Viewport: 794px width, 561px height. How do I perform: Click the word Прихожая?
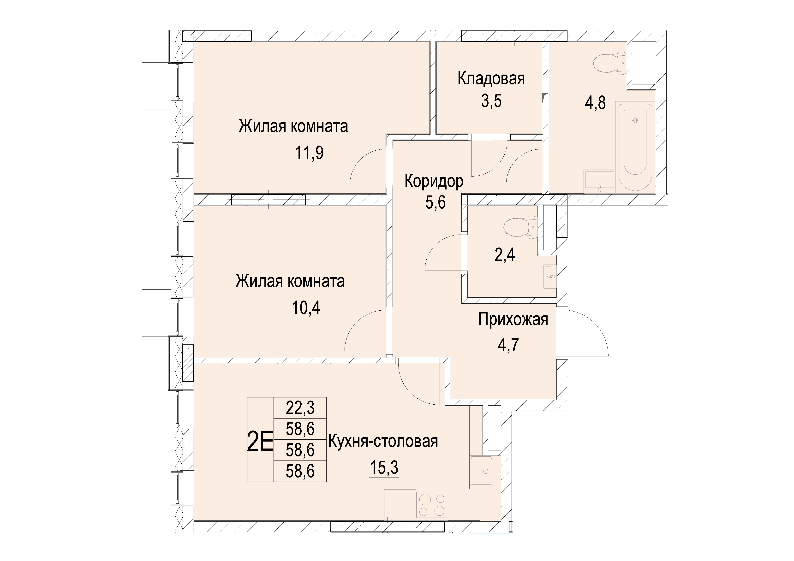point(513,319)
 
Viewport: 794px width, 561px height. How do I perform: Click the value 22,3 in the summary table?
point(300,408)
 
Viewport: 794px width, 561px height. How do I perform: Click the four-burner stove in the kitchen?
point(432,505)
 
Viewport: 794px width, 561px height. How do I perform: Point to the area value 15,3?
point(384,468)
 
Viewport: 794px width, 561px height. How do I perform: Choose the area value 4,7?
point(509,345)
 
